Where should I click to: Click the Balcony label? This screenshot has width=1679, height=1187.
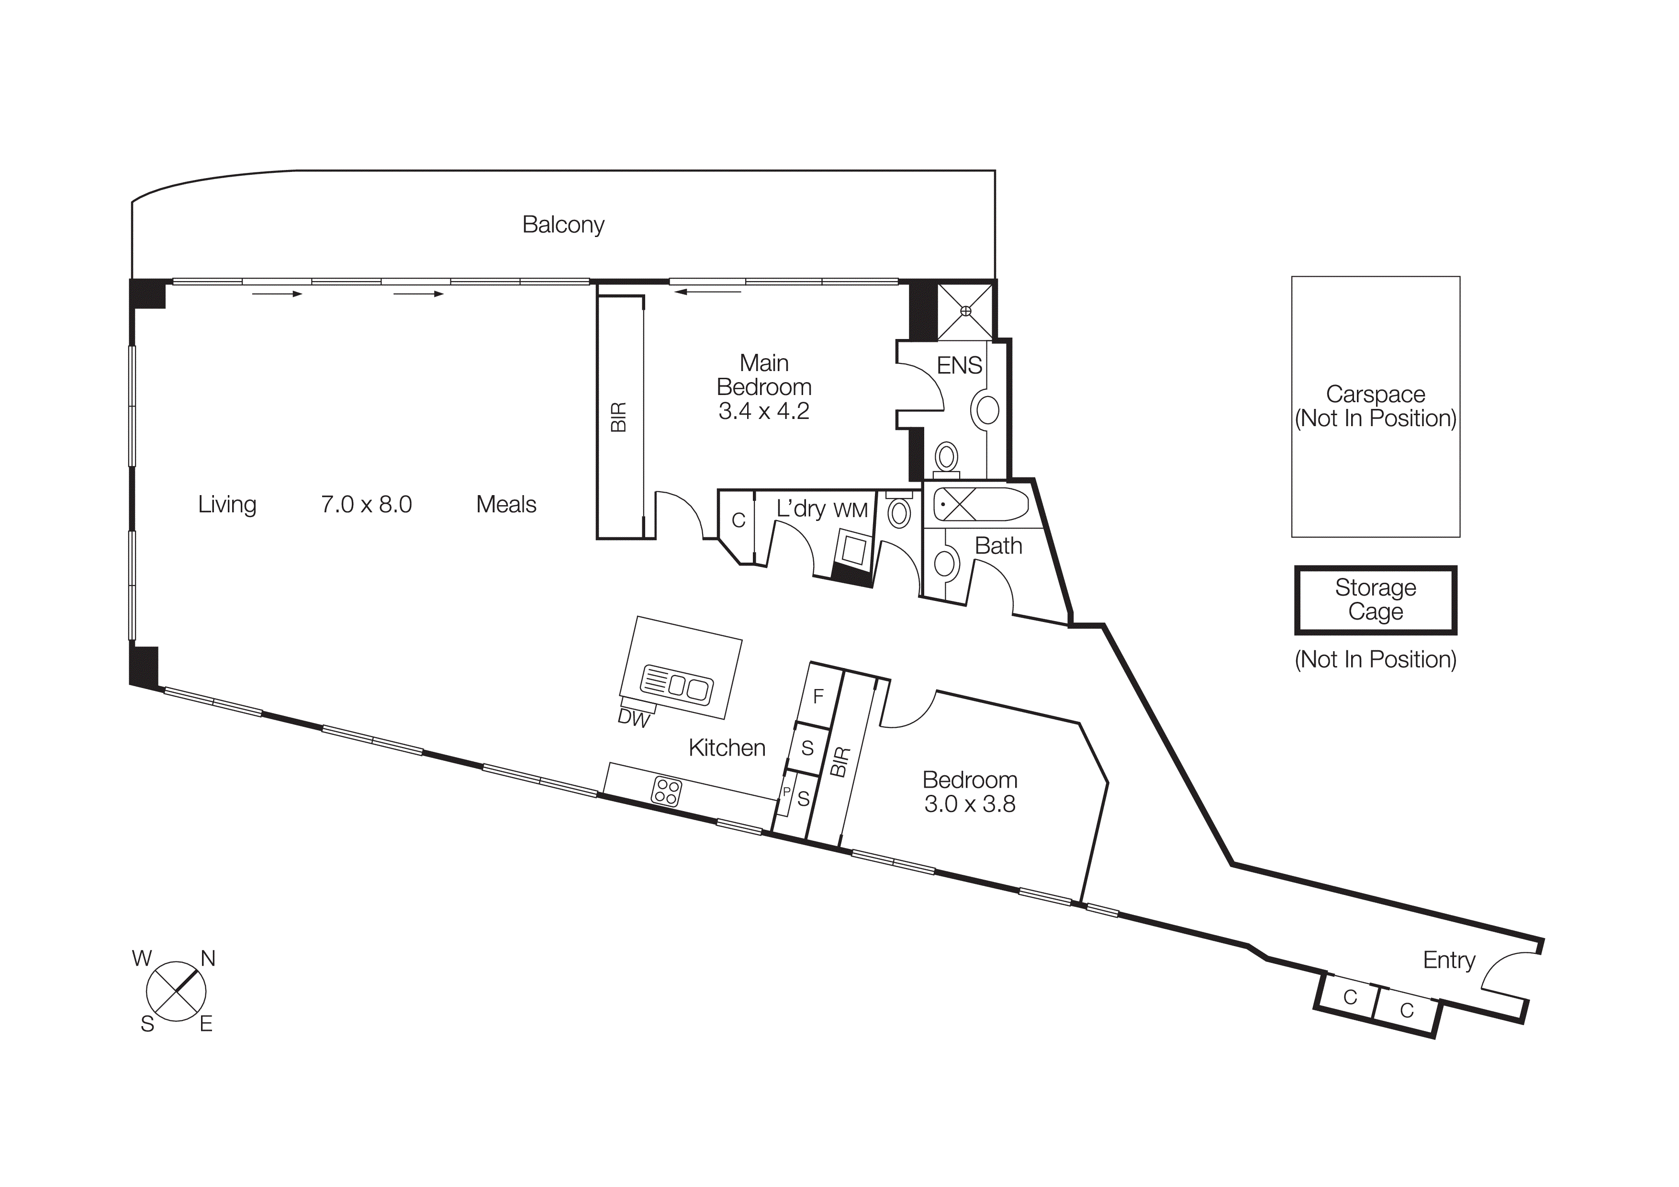pyautogui.click(x=563, y=225)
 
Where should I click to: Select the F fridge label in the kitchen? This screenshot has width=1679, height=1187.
pyautogui.click(x=818, y=696)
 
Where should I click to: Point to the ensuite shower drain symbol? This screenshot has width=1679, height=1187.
pyautogui.click(x=965, y=311)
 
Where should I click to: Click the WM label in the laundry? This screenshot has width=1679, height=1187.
pyautogui.click(x=851, y=510)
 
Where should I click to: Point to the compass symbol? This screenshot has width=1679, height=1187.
pyautogui.click(x=176, y=992)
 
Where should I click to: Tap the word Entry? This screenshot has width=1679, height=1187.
pyautogui.click(x=1449, y=961)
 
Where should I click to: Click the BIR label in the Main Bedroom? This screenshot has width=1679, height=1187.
pyautogui.click(x=619, y=417)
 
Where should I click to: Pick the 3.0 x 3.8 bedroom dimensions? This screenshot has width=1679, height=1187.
pyautogui.click(x=970, y=804)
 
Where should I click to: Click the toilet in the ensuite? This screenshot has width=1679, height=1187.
pyautogui.click(x=946, y=458)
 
